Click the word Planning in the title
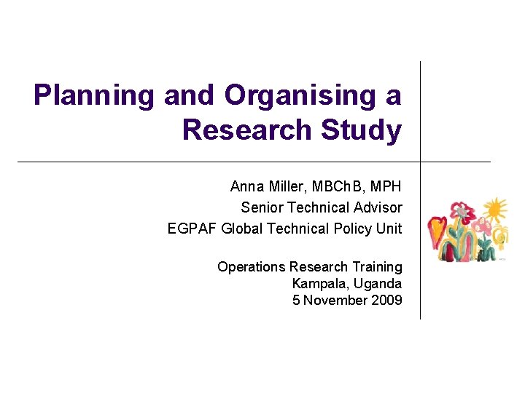pos(93,95)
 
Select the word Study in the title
pos(364,130)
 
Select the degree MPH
pos(386,187)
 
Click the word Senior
pos(261,207)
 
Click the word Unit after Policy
pos(389,229)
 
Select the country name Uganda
pos(378,283)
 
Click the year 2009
pos(386,300)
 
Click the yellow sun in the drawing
pos(495,210)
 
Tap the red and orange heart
pos(437,231)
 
